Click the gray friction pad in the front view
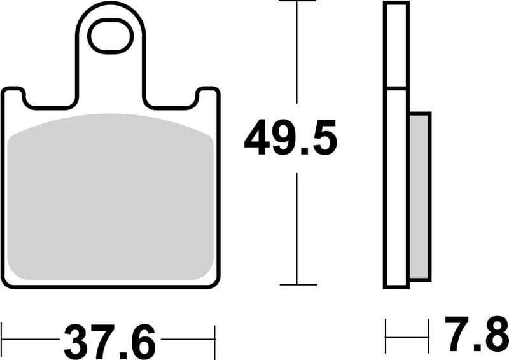click(x=111, y=197)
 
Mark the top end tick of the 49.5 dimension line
click(x=297, y=2)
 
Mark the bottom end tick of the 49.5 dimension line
click(x=297, y=284)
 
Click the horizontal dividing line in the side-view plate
click(x=396, y=88)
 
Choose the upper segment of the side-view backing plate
click(x=396, y=45)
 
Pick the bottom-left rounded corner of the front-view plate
click(x=8, y=282)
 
